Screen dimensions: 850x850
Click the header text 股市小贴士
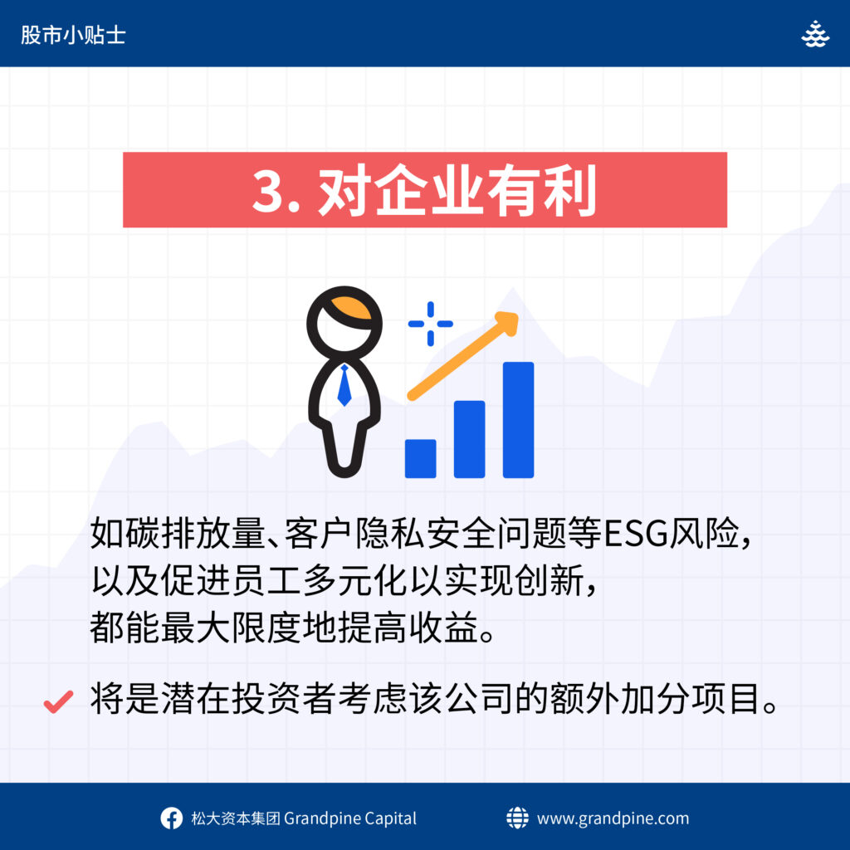tap(73, 35)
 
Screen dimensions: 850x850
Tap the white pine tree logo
tap(815, 33)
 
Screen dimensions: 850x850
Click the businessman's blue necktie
tap(344, 385)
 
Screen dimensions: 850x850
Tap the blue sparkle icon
tap(431, 324)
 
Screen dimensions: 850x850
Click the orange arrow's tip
tap(518, 314)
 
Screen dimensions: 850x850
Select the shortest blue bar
tap(421, 458)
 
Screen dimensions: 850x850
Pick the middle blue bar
tap(470, 439)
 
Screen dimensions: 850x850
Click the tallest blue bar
tap(518, 419)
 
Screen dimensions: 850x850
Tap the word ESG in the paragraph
tap(635, 534)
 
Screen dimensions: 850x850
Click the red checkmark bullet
tap(59, 701)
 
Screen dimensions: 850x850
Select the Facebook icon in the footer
tap(171, 818)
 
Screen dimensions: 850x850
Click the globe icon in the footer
tap(517, 818)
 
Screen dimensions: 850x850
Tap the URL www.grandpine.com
tap(613, 818)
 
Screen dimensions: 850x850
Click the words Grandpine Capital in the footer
tap(350, 818)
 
